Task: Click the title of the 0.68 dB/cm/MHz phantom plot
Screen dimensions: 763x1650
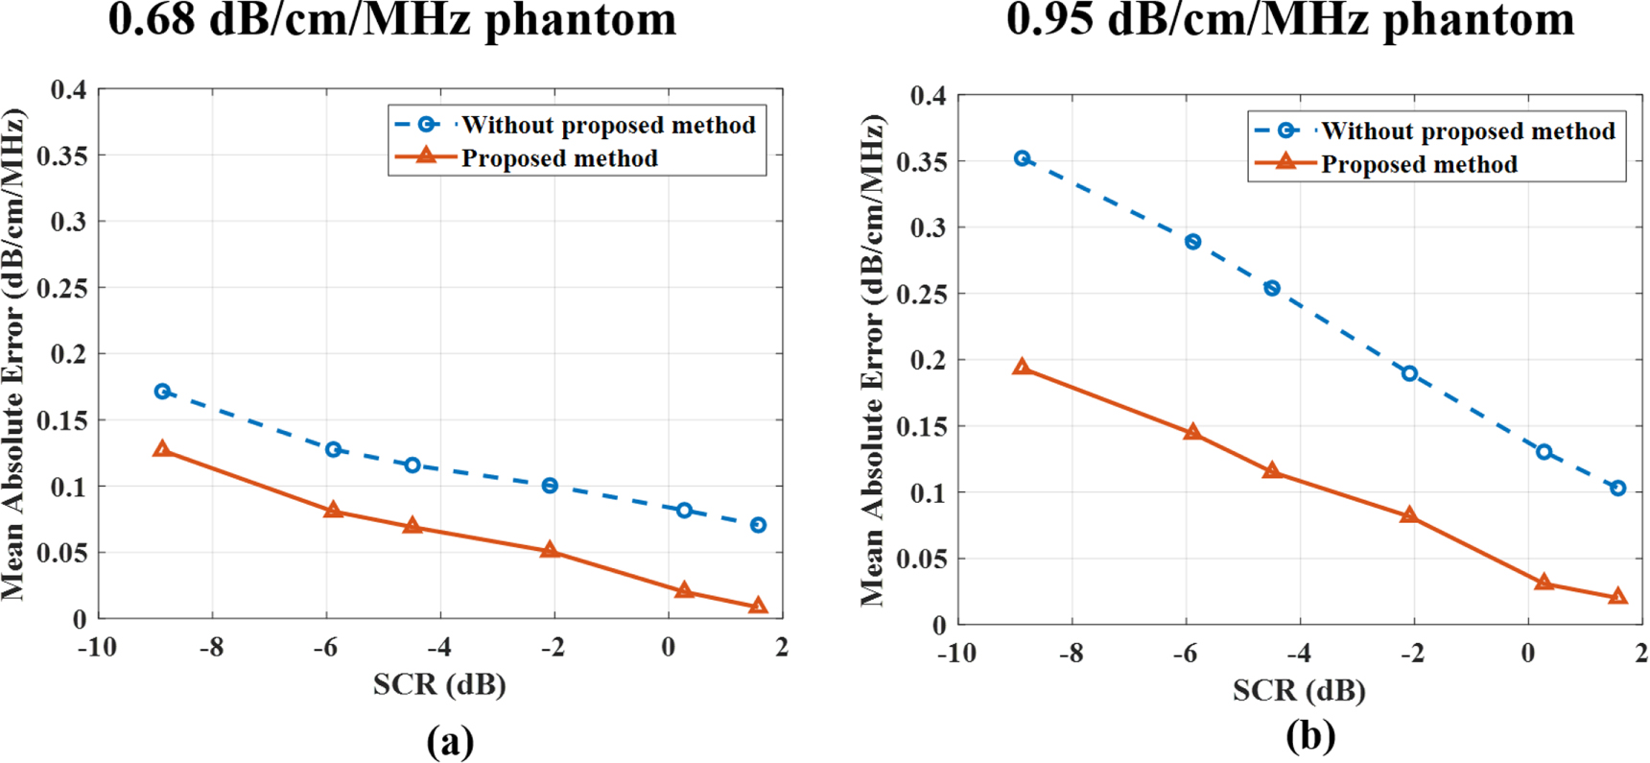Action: pyautogui.click(x=391, y=19)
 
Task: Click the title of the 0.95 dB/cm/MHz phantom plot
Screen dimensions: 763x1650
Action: pyautogui.click(x=1290, y=19)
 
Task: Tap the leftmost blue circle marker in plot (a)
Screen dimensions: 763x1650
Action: pyautogui.click(x=162, y=392)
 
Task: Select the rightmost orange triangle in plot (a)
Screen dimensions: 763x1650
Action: pyautogui.click(x=758, y=606)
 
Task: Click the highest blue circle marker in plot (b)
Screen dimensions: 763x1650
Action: pyautogui.click(x=1023, y=158)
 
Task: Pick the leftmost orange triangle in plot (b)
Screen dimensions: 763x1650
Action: pyautogui.click(x=1023, y=368)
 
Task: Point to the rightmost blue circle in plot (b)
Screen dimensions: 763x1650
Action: pyautogui.click(x=1618, y=489)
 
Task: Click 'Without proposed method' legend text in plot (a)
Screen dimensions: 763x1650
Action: pyautogui.click(x=608, y=126)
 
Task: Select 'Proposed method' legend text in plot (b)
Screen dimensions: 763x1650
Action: pyautogui.click(x=1419, y=165)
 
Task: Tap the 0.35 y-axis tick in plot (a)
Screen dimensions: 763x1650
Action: pyautogui.click(x=61, y=155)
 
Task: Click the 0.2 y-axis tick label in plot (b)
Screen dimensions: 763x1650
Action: pyautogui.click(x=928, y=361)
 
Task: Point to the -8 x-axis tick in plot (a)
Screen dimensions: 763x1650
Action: pyautogui.click(x=211, y=648)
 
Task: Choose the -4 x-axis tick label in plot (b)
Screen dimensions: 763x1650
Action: pyautogui.click(x=1298, y=654)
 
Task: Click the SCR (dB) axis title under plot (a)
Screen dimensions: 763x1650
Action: pyautogui.click(x=439, y=684)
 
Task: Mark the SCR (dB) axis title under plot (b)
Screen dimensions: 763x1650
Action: pyautogui.click(x=1299, y=690)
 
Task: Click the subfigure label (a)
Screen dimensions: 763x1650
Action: pyautogui.click(x=450, y=741)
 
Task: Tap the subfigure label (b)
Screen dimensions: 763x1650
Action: pyautogui.click(x=1310, y=736)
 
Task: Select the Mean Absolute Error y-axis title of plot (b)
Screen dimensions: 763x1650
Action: pyautogui.click(x=872, y=360)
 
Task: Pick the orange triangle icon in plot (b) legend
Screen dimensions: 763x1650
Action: pyautogui.click(x=1286, y=162)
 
